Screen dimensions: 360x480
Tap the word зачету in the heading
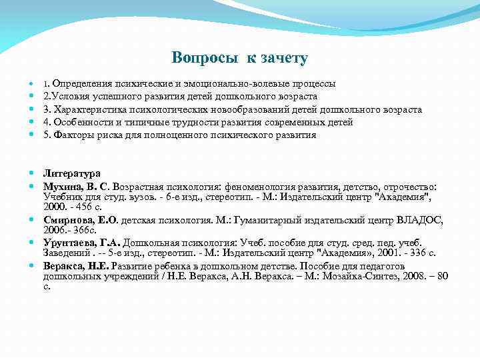[285, 59]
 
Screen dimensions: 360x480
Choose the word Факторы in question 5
[71, 135]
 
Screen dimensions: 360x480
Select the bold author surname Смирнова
[69, 219]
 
